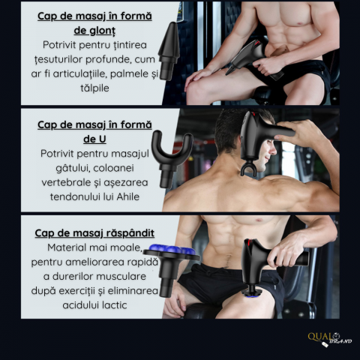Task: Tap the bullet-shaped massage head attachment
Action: click(169, 51)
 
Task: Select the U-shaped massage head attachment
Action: click(172, 157)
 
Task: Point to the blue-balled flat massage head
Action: click(171, 268)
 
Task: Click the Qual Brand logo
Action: click(329, 339)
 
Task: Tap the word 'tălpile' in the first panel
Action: click(94, 88)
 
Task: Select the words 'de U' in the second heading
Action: click(94, 139)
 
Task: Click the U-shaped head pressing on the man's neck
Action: click(248, 168)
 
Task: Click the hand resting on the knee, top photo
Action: click(198, 76)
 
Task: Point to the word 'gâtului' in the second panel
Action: click(71, 169)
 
